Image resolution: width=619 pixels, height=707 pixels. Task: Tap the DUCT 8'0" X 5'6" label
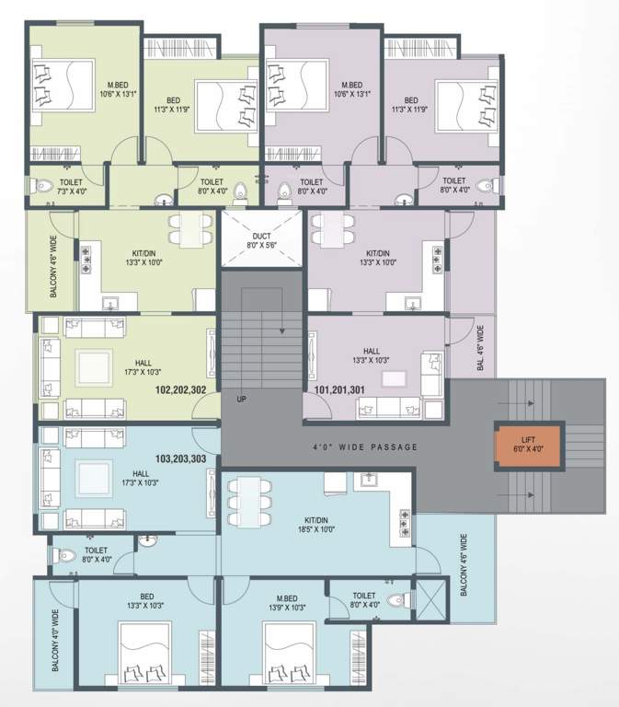point(261,241)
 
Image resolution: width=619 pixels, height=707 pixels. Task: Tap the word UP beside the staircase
point(241,400)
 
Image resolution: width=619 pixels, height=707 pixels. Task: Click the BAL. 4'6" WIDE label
point(480,346)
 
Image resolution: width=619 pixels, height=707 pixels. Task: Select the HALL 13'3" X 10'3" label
point(372,355)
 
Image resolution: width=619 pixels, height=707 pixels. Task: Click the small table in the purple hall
point(393,378)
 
